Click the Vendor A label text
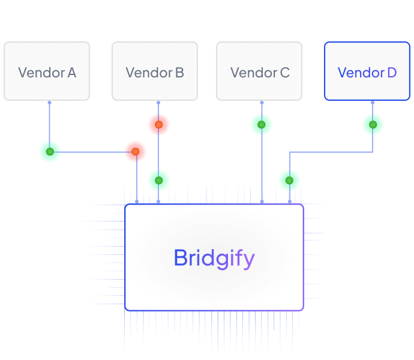point(47,73)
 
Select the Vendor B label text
point(155,73)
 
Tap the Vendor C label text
point(260,73)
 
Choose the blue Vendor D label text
point(367,73)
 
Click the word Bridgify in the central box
point(214,258)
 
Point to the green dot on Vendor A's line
point(50,152)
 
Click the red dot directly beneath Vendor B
point(159,125)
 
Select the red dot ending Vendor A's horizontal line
point(136,152)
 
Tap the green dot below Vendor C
point(262,125)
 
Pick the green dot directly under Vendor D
point(373,125)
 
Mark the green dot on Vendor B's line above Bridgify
point(158,180)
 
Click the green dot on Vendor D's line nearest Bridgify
point(289,180)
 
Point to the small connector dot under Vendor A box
point(49,103)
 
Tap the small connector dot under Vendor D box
point(373,103)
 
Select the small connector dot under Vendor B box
point(158,103)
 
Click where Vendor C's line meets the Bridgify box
point(262,202)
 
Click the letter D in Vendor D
point(392,73)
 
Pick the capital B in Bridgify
point(180,258)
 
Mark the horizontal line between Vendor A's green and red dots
point(93,152)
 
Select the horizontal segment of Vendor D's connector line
point(330,152)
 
